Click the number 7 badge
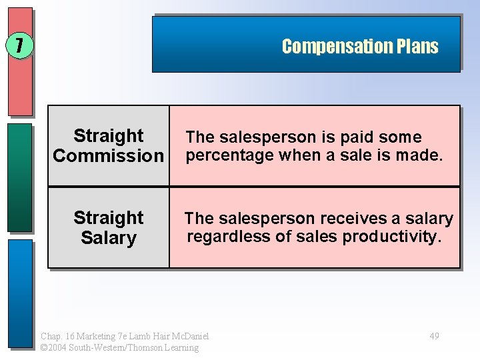pos(19,46)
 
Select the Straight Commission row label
pos(108,146)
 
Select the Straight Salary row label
pos(108,228)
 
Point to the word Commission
pos(108,156)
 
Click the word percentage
pos(230,156)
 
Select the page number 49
pos(434,336)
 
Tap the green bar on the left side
pos(20,177)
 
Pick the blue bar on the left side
pos(20,293)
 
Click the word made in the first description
pos(423,156)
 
